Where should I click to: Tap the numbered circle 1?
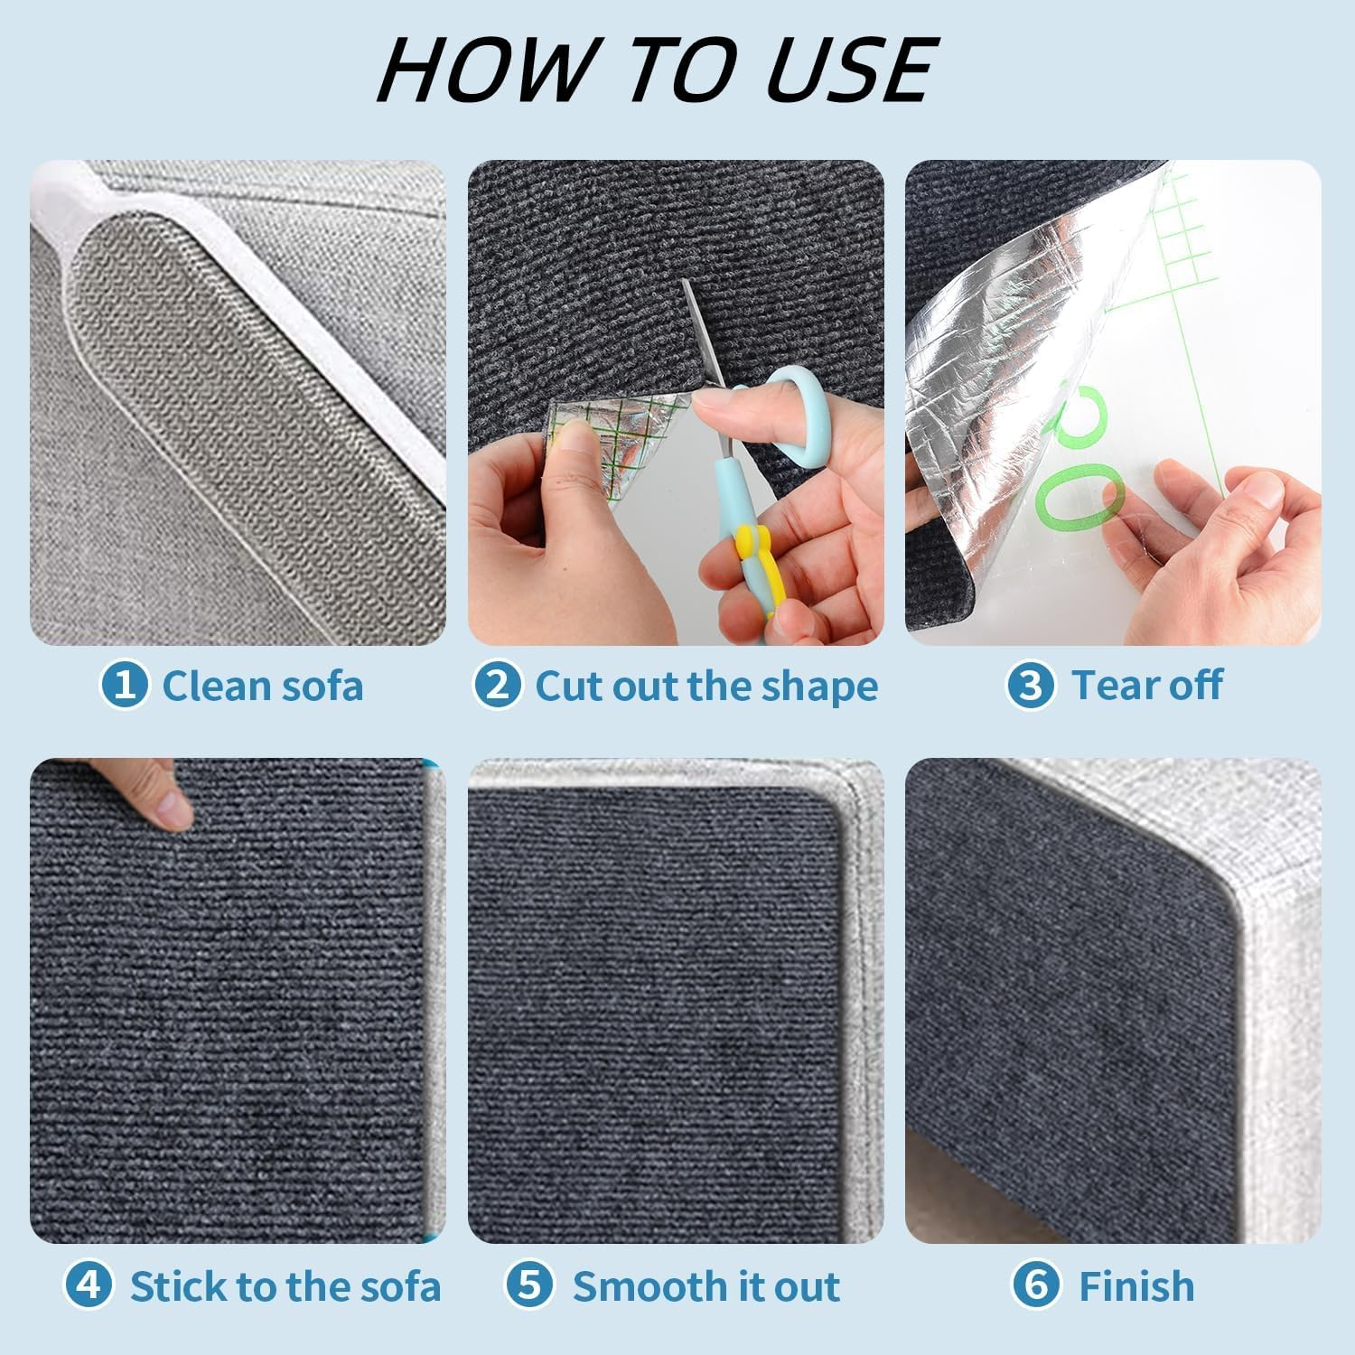124,685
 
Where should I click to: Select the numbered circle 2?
497,685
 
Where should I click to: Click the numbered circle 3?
1031,685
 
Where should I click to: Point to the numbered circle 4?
89,1285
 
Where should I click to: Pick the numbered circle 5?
529,1285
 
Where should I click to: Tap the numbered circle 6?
1036,1285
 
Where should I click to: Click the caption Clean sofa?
263,686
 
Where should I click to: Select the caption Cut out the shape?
706,687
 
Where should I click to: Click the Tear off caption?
1147,685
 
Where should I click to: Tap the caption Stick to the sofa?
285,1285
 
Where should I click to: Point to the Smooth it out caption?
706,1285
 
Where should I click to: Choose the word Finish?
1136,1285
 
